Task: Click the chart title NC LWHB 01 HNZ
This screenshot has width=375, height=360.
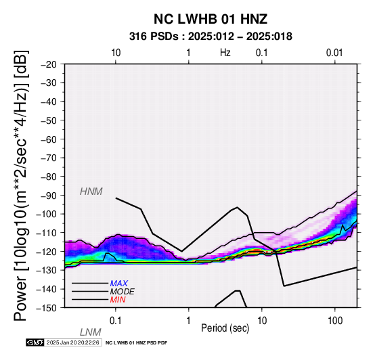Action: pyautogui.click(x=211, y=19)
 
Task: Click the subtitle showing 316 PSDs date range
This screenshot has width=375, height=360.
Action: pyautogui.click(x=211, y=37)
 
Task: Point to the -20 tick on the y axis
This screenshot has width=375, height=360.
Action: pyautogui.click(x=49, y=64)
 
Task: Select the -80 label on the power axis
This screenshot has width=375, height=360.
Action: pyautogui.click(x=49, y=177)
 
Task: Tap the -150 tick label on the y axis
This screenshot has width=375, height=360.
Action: pyautogui.click(x=47, y=308)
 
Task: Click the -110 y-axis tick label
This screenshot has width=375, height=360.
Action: pyautogui.click(x=47, y=233)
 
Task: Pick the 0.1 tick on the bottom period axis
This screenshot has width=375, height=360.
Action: pyautogui.click(x=116, y=321)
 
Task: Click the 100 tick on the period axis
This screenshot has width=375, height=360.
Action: pyautogui.click(x=335, y=321)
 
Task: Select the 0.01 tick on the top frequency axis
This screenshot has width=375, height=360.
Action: pyautogui.click(x=334, y=53)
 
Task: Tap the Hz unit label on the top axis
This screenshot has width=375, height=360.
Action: pyautogui.click(x=225, y=53)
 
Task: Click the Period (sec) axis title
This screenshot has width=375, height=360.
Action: pyautogui.click(x=225, y=328)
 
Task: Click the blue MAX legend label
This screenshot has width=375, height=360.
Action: pyautogui.click(x=119, y=284)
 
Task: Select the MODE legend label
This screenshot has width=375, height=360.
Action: pyautogui.click(x=123, y=292)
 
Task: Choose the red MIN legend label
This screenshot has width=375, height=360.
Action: pyautogui.click(x=118, y=300)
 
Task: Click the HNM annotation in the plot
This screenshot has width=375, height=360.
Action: pyautogui.click(x=91, y=192)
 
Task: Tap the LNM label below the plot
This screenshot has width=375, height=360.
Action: pyautogui.click(x=91, y=332)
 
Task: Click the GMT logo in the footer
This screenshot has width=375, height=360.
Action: pyautogui.click(x=35, y=342)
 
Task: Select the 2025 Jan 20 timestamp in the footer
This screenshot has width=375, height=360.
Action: pyautogui.click(x=72, y=342)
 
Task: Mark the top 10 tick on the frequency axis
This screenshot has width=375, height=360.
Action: pyautogui.click(x=116, y=53)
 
